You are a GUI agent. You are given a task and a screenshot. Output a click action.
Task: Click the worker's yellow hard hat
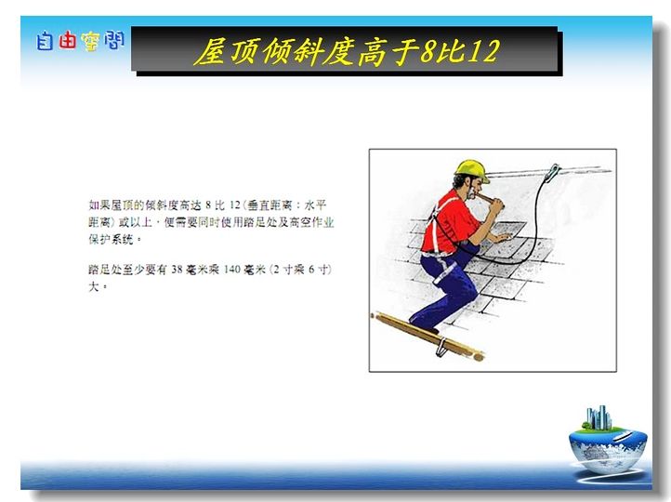(x=471, y=170)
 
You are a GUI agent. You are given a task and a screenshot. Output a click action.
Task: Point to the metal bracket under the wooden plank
(x=441, y=347)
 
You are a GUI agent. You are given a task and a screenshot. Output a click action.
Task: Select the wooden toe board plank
(x=427, y=337)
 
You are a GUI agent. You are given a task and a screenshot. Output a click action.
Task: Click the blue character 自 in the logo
(x=45, y=42)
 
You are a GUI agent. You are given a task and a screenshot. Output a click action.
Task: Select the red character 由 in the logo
(x=67, y=41)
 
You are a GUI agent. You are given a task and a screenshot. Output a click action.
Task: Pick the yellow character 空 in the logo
(x=91, y=42)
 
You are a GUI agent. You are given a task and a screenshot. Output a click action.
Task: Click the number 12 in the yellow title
(x=482, y=51)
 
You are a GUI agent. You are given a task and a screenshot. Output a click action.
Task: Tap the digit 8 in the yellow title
(x=428, y=51)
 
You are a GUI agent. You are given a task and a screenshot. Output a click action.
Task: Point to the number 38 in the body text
(x=178, y=270)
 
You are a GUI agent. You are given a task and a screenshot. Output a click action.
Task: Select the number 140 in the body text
(x=232, y=270)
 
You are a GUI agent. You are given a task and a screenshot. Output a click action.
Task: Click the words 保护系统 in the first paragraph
(x=112, y=239)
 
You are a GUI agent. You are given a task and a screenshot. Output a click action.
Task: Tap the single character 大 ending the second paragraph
(x=94, y=286)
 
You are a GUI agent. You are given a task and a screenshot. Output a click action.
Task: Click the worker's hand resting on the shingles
(x=502, y=237)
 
